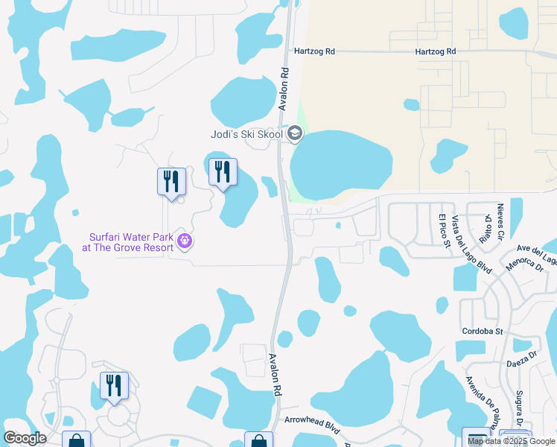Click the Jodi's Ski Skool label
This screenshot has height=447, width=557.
245,134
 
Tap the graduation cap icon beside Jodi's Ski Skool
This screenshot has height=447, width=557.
295,134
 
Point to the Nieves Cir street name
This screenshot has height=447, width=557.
500,221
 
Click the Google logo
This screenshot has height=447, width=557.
25,438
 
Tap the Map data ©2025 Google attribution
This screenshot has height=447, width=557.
512,441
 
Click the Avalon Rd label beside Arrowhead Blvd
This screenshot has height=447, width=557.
276,374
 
